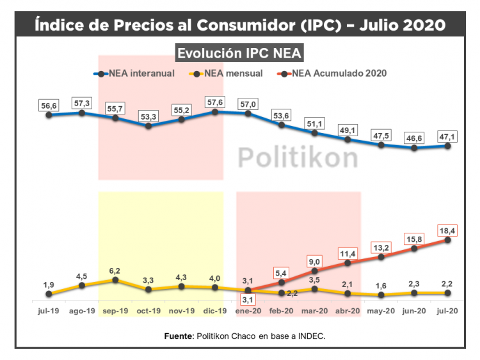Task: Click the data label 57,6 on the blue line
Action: click(214, 101)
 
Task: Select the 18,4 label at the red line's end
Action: click(447, 230)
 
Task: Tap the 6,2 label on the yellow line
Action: click(115, 270)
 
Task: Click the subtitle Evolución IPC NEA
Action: click(239, 53)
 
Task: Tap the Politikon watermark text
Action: click(298, 157)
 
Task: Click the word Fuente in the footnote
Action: click(177, 335)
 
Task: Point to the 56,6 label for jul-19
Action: click(49, 105)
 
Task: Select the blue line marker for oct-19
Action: click(148, 126)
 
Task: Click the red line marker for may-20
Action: click(381, 257)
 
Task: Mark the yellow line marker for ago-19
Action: click(82, 285)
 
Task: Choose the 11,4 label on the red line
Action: click(348, 253)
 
